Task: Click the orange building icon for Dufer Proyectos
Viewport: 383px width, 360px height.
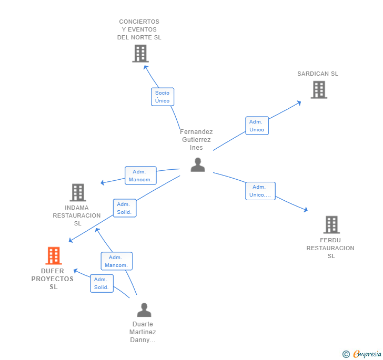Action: click(x=54, y=255)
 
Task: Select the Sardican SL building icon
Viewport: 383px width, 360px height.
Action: click(x=319, y=89)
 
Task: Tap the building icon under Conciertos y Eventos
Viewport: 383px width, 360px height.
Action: click(x=140, y=54)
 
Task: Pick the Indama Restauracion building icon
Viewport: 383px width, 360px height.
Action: click(x=78, y=192)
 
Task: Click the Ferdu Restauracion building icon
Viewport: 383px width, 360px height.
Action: click(x=331, y=224)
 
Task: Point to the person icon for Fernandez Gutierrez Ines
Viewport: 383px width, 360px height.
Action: click(x=198, y=164)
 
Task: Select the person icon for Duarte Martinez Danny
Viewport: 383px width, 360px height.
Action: click(x=144, y=310)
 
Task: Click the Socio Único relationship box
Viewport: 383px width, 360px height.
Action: click(x=163, y=97)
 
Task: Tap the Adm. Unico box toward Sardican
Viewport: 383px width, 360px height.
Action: click(x=257, y=126)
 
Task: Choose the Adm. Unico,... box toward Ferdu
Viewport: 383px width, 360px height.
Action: click(x=260, y=191)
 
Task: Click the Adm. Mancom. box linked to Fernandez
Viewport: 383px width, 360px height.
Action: click(x=140, y=176)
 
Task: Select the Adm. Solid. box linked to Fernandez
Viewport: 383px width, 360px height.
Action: click(x=125, y=208)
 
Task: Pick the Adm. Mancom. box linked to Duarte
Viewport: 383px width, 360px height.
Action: click(x=116, y=261)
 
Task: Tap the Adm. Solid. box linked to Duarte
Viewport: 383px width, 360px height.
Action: click(x=102, y=283)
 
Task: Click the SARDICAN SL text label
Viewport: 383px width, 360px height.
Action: click(x=318, y=74)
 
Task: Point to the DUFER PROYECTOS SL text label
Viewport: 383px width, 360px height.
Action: click(x=53, y=279)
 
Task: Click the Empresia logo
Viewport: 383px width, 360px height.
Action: click(x=362, y=354)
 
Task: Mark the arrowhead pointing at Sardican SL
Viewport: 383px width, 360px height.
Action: click(x=299, y=103)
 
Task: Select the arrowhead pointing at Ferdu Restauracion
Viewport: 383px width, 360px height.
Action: click(x=306, y=209)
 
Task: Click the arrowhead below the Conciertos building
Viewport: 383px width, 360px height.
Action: click(x=146, y=67)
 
